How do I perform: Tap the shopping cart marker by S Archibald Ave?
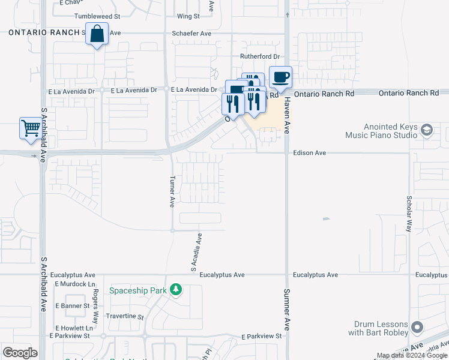pos(30,128)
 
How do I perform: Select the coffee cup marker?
pos(280,77)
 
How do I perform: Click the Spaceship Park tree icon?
pos(175,290)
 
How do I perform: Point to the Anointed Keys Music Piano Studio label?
pos(381,131)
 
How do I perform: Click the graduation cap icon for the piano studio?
pos(427,130)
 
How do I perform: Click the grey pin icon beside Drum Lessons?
pos(418,328)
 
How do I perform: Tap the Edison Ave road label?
pos(309,153)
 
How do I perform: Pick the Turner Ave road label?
pos(172,191)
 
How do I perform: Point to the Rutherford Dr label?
pos(260,56)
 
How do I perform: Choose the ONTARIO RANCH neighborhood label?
pos(44,32)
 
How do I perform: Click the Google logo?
pos(20,353)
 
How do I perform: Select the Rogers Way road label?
pos(95,299)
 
